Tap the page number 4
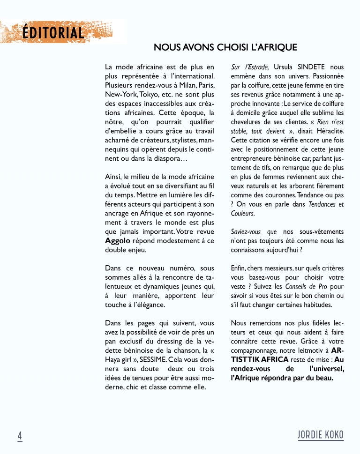pos(20,435)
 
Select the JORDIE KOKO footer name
pos(321,434)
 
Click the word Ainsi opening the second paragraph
pos(113,177)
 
